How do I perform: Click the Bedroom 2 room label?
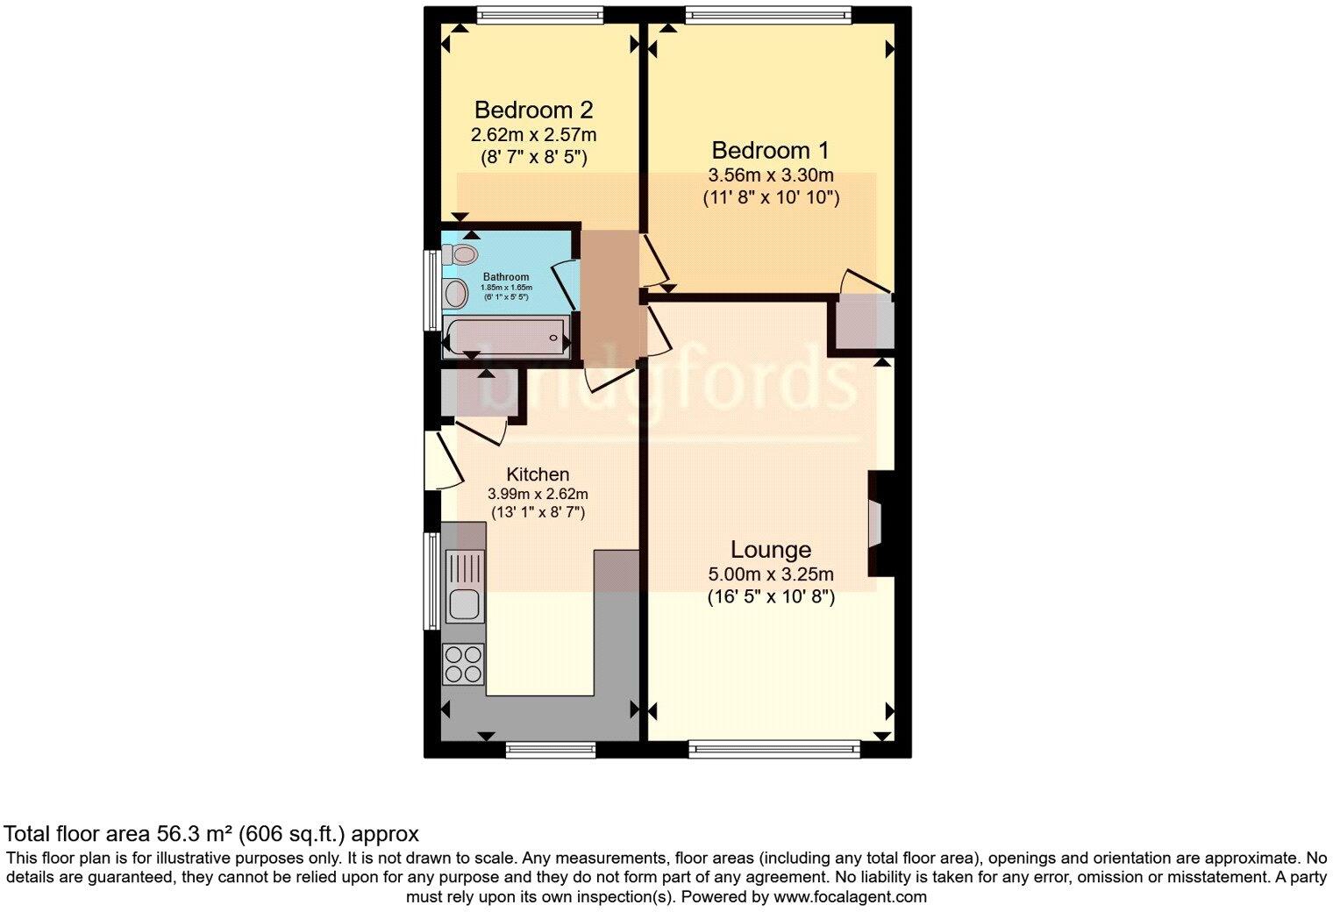tap(533, 110)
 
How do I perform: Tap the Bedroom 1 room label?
tap(770, 150)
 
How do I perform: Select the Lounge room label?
tap(770, 550)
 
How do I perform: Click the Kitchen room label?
tap(538, 474)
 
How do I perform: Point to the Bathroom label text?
tap(506, 277)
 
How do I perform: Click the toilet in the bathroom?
tap(460, 255)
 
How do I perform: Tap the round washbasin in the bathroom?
tap(456, 294)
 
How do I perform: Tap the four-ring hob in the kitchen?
tap(464, 663)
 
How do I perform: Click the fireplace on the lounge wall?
tap(876, 524)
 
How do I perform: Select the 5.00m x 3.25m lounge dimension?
tap(770, 575)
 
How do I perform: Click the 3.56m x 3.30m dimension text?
tap(770, 175)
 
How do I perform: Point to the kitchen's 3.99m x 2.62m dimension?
tap(538, 494)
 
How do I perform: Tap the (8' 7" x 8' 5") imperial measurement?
tap(533, 158)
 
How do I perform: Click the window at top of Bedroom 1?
tap(768, 13)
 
